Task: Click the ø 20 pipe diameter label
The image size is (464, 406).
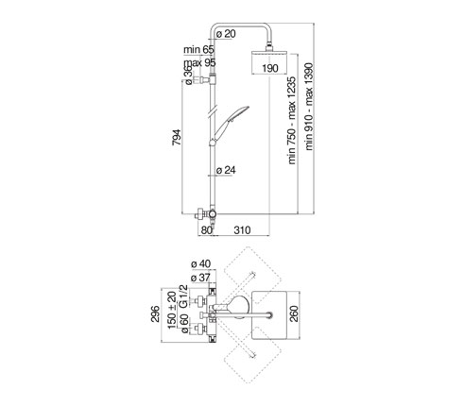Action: [x=226, y=34]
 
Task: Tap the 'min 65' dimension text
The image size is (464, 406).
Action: [x=198, y=49]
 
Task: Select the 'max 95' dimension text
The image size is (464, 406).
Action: [x=199, y=62]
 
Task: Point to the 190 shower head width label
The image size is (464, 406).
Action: [x=270, y=68]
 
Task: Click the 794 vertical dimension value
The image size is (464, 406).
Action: [x=177, y=137]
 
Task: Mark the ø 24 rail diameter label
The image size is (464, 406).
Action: [x=226, y=170]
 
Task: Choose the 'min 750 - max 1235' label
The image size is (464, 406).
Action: [x=292, y=120]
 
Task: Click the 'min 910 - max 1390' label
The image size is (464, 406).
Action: [x=309, y=107]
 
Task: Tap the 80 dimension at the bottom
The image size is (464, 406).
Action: [x=207, y=230]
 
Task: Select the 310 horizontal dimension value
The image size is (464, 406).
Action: [x=242, y=230]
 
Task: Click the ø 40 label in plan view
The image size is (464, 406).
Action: [x=201, y=263]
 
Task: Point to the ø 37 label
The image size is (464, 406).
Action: [x=200, y=278]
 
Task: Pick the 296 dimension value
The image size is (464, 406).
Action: [x=155, y=313]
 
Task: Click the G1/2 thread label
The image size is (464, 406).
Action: [x=183, y=296]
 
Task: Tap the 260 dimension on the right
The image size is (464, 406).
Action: [x=294, y=313]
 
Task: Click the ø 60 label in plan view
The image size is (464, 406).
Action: [x=184, y=323]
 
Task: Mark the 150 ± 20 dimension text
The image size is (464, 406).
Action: [x=172, y=311]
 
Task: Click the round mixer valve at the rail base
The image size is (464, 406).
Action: [x=213, y=214]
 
